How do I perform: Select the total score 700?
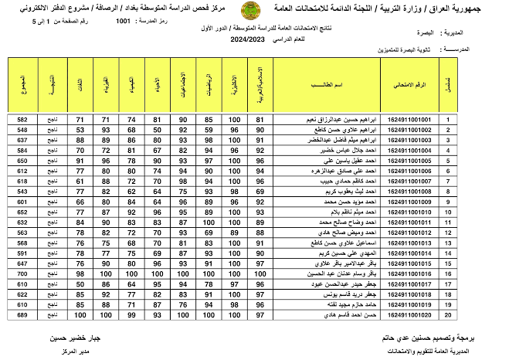[22, 273]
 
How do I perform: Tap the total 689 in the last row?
[22, 314]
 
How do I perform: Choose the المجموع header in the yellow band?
[22, 85]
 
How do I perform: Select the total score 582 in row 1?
[22, 120]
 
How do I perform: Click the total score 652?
[22, 212]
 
